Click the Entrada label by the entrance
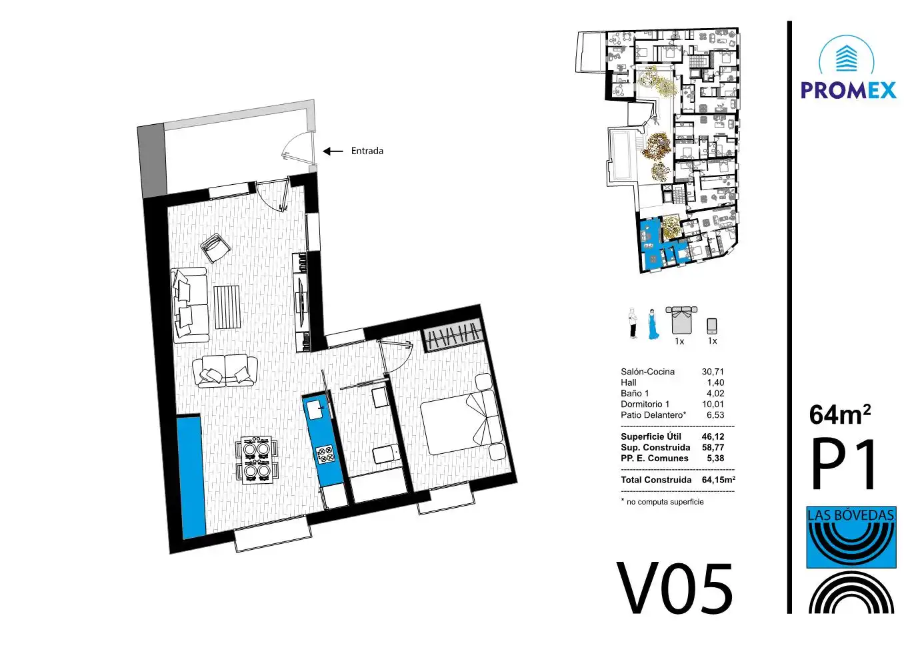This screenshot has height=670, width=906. [367, 151]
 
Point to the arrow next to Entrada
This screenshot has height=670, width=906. [333, 151]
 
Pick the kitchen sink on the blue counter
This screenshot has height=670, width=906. [316, 410]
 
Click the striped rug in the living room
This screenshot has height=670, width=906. [227, 307]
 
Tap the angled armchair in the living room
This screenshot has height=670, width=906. [215, 248]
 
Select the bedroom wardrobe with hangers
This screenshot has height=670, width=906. [454, 335]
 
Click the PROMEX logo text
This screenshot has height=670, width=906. [849, 90]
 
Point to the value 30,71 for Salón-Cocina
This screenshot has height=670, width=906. [713, 372]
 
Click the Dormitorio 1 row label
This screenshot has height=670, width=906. [645, 404]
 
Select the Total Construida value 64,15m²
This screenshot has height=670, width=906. [719, 480]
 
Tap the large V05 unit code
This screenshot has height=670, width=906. [675, 589]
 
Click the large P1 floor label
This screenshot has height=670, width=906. [843, 464]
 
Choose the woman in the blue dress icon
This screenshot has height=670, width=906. [653, 324]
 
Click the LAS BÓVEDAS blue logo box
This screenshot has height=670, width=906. [851, 537]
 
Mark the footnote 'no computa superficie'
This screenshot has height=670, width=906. [665, 502]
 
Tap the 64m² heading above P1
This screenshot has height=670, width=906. [839, 414]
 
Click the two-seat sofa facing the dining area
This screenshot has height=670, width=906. [225, 370]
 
